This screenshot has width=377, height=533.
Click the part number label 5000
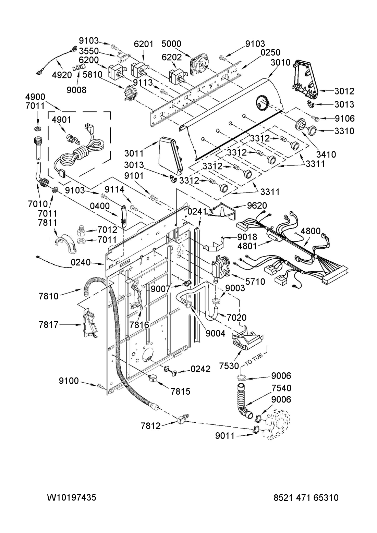tap(171, 44)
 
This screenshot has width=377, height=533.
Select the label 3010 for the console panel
tap(281, 62)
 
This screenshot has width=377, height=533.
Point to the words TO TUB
tap(254, 359)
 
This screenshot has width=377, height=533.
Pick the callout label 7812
tap(151, 426)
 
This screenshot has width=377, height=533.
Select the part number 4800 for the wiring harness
tap(311, 231)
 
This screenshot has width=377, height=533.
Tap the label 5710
tap(255, 282)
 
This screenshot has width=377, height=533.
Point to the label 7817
tap(49, 324)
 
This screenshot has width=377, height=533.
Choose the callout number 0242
tap(200, 369)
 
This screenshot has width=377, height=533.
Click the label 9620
tap(257, 205)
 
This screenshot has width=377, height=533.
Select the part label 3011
tap(134, 153)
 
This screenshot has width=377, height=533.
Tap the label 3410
tap(326, 155)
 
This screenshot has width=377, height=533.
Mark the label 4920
tap(62, 75)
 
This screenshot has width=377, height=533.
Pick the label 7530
tap(229, 366)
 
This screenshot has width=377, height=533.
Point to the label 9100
tap(69, 381)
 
